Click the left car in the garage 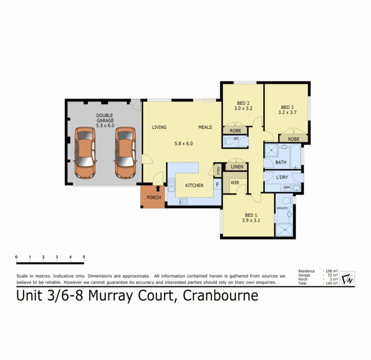point(85,153)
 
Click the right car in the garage point(125,153)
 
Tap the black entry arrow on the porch point(158,188)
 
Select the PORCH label point(154,197)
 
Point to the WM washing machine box point(287,188)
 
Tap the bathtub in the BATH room point(296,156)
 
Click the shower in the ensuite point(284,230)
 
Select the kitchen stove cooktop point(183,201)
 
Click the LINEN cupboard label point(237,167)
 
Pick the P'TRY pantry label point(218,171)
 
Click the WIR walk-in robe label point(235,183)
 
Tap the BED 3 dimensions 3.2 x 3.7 point(287,113)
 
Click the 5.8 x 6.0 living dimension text point(183,143)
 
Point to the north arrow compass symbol point(347,279)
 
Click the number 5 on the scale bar point(84,257)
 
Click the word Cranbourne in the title point(220,295)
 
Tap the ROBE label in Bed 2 point(235,131)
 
